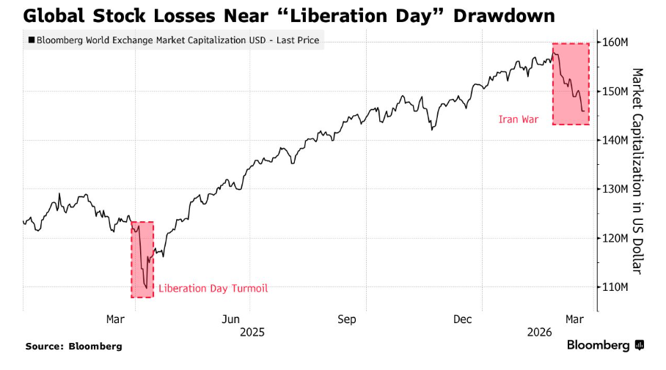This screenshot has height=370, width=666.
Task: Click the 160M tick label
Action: tap(615, 42)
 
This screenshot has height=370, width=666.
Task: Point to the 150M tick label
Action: tap(615, 92)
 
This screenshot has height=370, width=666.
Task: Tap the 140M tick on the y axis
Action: tap(615, 140)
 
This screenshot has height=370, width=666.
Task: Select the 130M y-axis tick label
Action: tap(615, 189)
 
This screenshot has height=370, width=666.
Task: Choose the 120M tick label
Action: tap(615, 238)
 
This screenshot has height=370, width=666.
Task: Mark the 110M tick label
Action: tap(615, 286)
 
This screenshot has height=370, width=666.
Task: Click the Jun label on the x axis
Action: tap(231, 319)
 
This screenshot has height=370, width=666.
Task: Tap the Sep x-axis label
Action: tap(347, 319)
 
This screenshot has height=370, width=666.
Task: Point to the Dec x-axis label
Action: tap(462, 319)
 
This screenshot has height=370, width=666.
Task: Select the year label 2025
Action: tap(251, 332)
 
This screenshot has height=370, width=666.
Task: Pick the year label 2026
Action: tap(539, 332)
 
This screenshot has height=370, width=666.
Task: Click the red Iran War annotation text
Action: tap(519, 119)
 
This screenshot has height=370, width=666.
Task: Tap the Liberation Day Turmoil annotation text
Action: tap(213, 289)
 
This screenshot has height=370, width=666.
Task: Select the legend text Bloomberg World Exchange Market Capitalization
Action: tap(177, 41)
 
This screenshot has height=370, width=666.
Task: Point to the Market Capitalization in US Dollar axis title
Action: tap(637, 171)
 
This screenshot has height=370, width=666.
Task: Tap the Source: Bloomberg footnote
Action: tap(73, 346)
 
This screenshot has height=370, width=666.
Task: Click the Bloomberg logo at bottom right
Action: tap(604, 345)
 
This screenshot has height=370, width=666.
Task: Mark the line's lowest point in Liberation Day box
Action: tap(146, 288)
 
